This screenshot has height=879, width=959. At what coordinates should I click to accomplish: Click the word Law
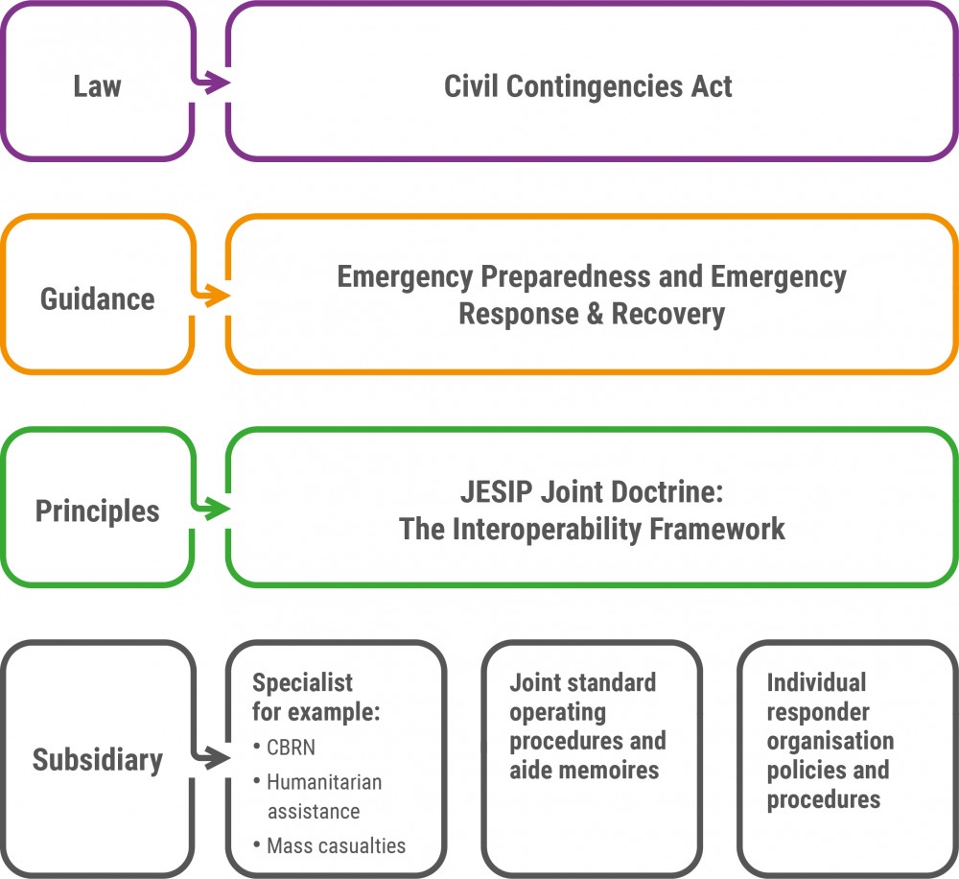[x=97, y=86]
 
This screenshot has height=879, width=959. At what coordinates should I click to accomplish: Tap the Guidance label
[x=97, y=299]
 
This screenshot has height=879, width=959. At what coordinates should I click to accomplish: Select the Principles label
[x=97, y=511]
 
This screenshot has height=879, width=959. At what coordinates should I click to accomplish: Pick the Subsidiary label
[x=97, y=761]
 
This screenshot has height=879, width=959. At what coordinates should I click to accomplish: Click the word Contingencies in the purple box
[x=594, y=87]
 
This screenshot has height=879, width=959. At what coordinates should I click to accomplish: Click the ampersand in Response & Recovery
[x=595, y=314]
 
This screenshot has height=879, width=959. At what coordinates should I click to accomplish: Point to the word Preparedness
[x=566, y=277]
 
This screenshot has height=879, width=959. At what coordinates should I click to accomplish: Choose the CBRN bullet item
[x=285, y=748]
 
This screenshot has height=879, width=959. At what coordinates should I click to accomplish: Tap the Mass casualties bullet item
[x=330, y=845]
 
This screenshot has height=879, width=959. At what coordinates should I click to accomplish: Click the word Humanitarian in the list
[x=324, y=782]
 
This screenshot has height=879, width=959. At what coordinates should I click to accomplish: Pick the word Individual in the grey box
[x=816, y=682]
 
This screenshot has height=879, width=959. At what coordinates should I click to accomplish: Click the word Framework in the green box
[x=717, y=529]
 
